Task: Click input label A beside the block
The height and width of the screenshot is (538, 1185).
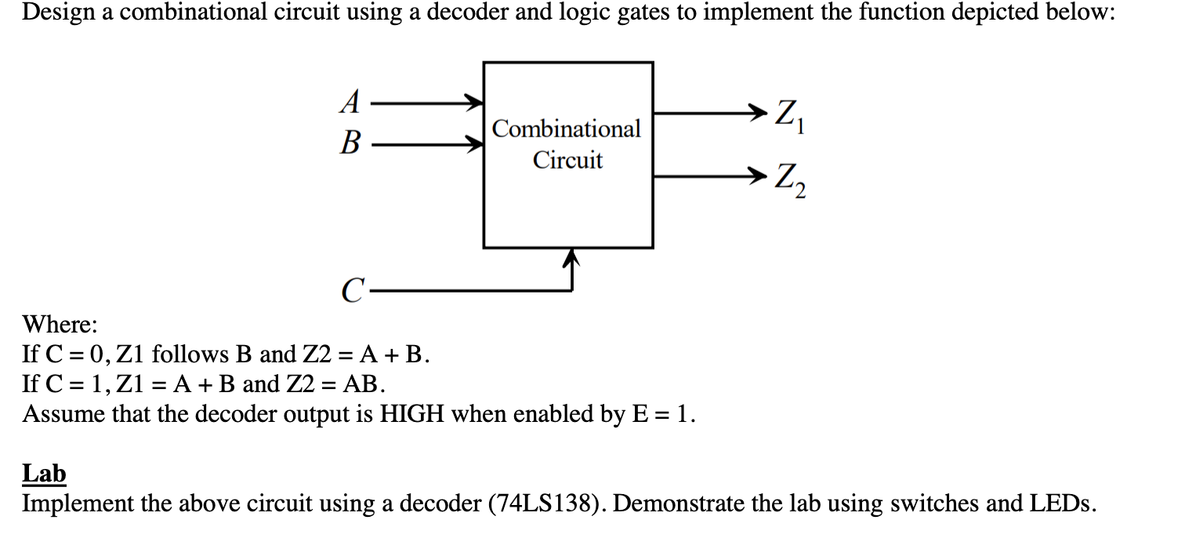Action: click(x=352, y=101)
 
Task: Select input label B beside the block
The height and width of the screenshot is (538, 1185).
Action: click(x=352, y=144)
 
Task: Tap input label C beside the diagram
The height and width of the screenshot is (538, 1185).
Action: click(x=352, y=292)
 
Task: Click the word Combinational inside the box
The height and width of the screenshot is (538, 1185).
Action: click(x=567, y=129)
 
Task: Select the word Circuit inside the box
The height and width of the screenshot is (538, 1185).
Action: click(x=568, y=160)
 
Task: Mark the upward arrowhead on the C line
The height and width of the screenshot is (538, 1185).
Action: click(x=574, y=256)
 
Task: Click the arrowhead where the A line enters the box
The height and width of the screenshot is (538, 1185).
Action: click(x=473, y=101)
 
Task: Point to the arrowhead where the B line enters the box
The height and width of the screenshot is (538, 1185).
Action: click(x=473, y=144)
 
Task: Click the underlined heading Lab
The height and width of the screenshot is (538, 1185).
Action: click(x=44, y=474)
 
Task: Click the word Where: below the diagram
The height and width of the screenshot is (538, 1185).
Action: click(x=60, y=324)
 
